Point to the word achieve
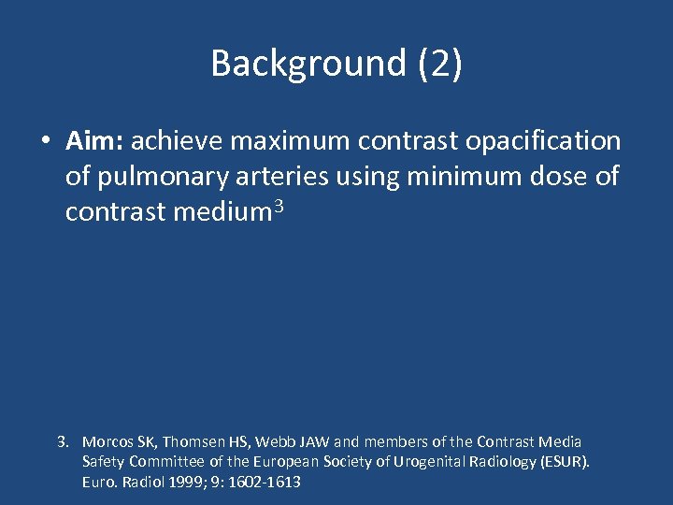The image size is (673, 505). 177,141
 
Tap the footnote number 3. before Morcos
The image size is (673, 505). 64,441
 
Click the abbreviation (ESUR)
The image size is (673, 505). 564,462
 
